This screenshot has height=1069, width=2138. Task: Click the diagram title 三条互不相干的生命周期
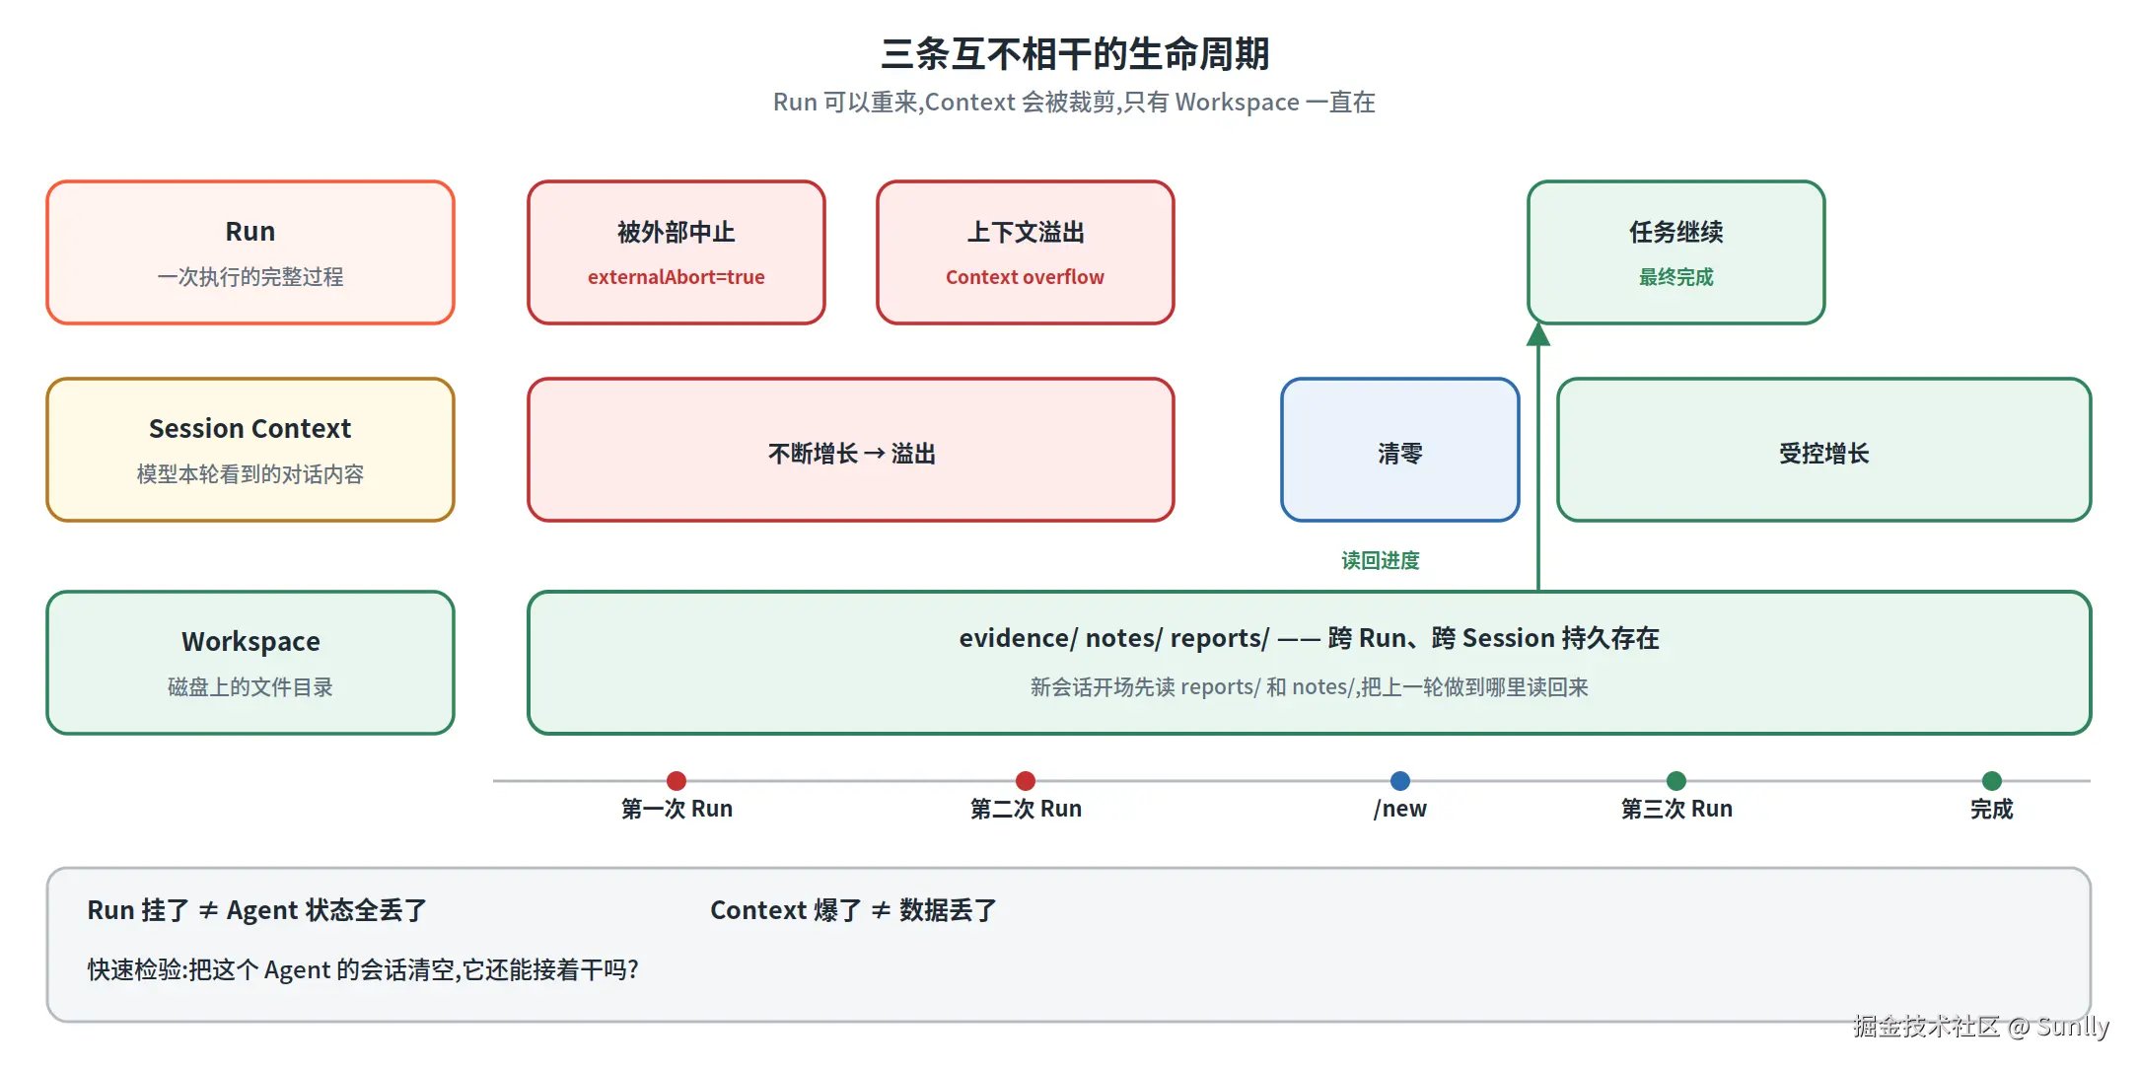coord(1074,53)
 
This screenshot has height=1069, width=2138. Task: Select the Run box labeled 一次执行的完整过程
coord(250,252)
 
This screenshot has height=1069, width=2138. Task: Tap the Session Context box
coord(250,450)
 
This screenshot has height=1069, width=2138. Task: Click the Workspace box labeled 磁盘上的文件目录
coord(250,663)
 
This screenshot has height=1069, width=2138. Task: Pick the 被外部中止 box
coord(677,252)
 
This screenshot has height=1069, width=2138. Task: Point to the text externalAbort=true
coord(677,277)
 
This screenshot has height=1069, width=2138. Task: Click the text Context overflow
coord(1026,277)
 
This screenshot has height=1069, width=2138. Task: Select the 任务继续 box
coord(1676,252)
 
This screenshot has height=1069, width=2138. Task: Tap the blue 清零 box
coord(1400,450)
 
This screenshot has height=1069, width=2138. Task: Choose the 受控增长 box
coord(1824,450)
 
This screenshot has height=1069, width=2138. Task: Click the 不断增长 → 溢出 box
coord(851,450)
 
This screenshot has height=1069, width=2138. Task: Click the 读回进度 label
coord(1381,561)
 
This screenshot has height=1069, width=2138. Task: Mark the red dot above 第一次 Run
coord(677,781)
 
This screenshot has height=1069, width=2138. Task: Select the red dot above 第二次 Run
coord(1026,781)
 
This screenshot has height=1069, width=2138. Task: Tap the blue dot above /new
coord(1400,781)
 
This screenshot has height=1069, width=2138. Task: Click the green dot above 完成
coord(1992,781)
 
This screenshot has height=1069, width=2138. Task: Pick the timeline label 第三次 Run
coord(1676,810)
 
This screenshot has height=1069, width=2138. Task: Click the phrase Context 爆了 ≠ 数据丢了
coord(854,910)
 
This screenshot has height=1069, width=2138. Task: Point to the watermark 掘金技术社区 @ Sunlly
coord(1981,1027)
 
